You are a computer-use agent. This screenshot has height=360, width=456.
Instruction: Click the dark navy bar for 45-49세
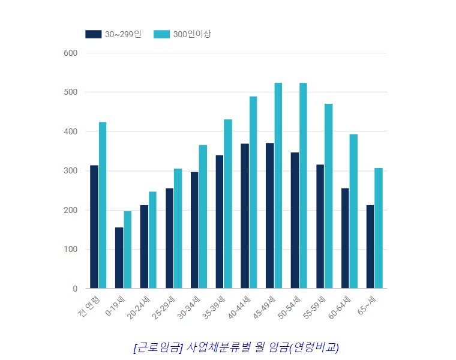coord(270,216)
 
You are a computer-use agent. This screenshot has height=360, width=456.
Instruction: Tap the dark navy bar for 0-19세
coord(119,258)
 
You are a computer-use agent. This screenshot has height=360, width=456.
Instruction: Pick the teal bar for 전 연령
coord(103,205)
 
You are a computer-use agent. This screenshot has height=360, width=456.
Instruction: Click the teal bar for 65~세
coord(378,228)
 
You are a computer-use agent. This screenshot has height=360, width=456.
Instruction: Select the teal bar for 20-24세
coord(152,240)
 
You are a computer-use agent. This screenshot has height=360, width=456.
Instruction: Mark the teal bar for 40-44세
coord(253,192)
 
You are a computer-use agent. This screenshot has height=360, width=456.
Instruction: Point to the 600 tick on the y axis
coord(71,53)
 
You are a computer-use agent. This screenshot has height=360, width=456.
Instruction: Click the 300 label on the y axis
coord(71,171)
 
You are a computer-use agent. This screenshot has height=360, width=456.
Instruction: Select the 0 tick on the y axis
coord(75,289)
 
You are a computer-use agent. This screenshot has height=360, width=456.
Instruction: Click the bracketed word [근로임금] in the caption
coord(158,347)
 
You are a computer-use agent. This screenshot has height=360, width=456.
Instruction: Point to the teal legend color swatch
coord(161,34)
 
